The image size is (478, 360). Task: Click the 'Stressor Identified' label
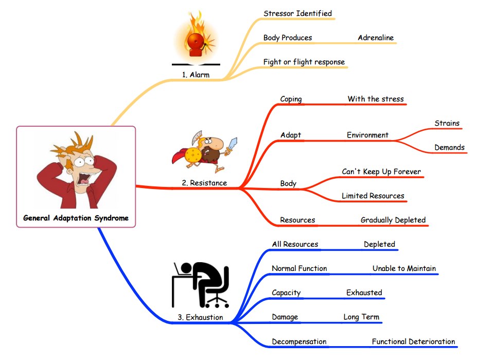tap(297, 13)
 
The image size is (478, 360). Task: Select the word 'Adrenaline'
tap(376, 38)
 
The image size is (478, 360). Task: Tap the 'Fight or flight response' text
tap(304, 62)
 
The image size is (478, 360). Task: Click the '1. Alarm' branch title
tap(196, 75)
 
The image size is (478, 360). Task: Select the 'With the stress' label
tap(376, 99)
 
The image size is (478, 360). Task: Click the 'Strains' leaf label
tap(447, 123)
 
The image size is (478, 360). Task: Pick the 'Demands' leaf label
tap(449, 147)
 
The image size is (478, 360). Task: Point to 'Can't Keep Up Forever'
tap(381, 172)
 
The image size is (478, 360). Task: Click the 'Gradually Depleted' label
tap(393, 220)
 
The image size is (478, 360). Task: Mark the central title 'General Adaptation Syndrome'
tap(76, 218)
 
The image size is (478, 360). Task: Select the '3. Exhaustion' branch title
tap(200, 317)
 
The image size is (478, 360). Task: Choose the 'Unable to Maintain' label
tap(404, 268)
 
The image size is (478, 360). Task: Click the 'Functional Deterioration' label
tap(413, 341)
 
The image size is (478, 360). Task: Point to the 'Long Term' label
tap(361, 317)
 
